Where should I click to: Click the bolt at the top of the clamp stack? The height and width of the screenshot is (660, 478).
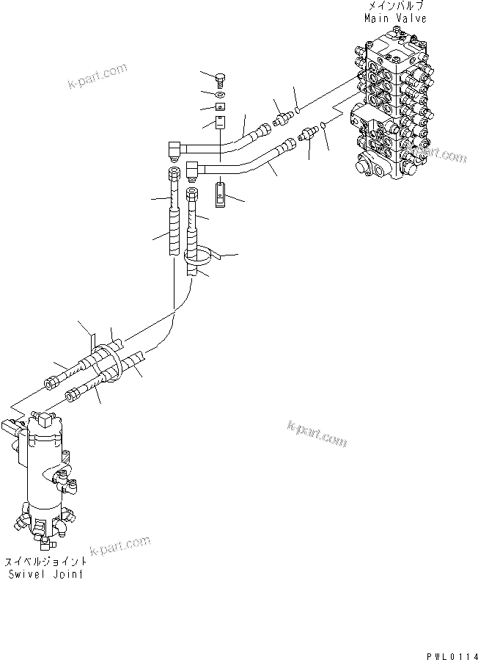[x=221, y=79]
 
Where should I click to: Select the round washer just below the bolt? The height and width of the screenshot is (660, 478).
[x=221, y=93]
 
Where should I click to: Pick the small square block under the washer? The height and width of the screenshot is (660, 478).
[x=221, y=106]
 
